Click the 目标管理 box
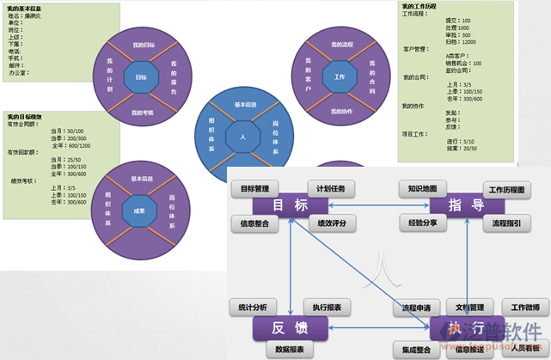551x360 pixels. [255, 188]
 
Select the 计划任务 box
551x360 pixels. [330, 188]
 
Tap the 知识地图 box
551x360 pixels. [423, 187]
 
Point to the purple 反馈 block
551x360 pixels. [290, 327]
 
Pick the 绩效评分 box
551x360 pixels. [330, 224]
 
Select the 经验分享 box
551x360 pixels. [423, 224]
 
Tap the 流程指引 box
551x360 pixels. [506, 224]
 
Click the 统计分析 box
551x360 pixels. [254, 306]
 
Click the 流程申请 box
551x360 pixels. [421, 306]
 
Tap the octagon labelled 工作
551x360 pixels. [339, 77]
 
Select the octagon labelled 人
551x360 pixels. [242, 137]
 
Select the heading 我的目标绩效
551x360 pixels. [26, 115]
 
